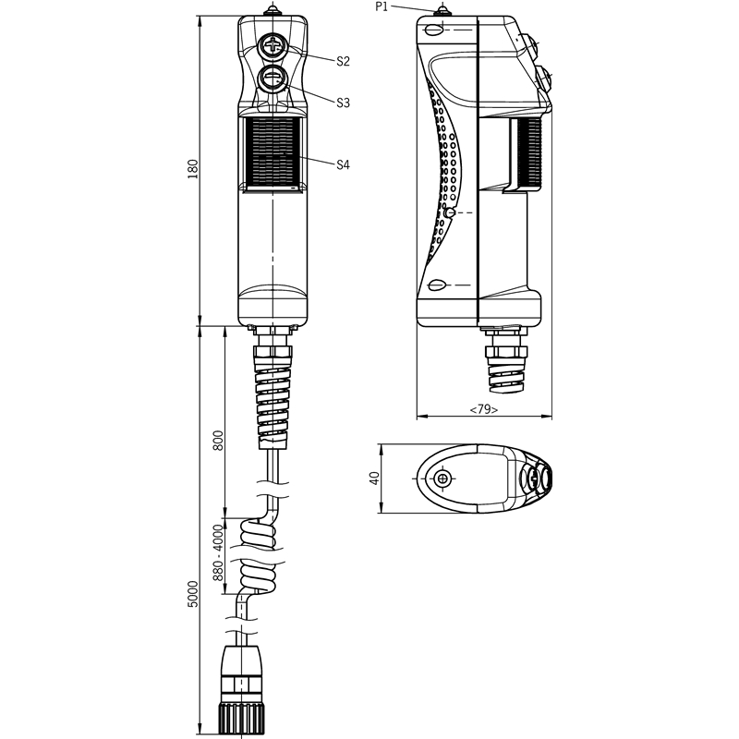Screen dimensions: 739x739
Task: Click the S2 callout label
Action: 343,61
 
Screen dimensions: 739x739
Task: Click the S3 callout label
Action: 343,103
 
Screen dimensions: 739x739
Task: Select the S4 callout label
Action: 343,164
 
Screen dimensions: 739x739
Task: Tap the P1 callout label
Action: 382,7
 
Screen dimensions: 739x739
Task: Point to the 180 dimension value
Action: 193,169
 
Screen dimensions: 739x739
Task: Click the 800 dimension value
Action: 218,441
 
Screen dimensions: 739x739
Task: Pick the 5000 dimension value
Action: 193,594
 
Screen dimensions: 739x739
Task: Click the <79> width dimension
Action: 484,409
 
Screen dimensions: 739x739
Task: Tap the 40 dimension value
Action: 374,479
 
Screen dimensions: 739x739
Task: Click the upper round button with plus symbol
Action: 273,46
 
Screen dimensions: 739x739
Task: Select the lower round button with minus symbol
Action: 273,79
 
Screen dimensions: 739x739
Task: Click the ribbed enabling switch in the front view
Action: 273,151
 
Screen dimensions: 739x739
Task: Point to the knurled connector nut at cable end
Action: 241,718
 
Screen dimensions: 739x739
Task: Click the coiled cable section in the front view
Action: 258,557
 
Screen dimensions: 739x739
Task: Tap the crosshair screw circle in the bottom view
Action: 442,479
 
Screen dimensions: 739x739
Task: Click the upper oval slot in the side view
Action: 434,30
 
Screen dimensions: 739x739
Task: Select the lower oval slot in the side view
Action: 436,285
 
